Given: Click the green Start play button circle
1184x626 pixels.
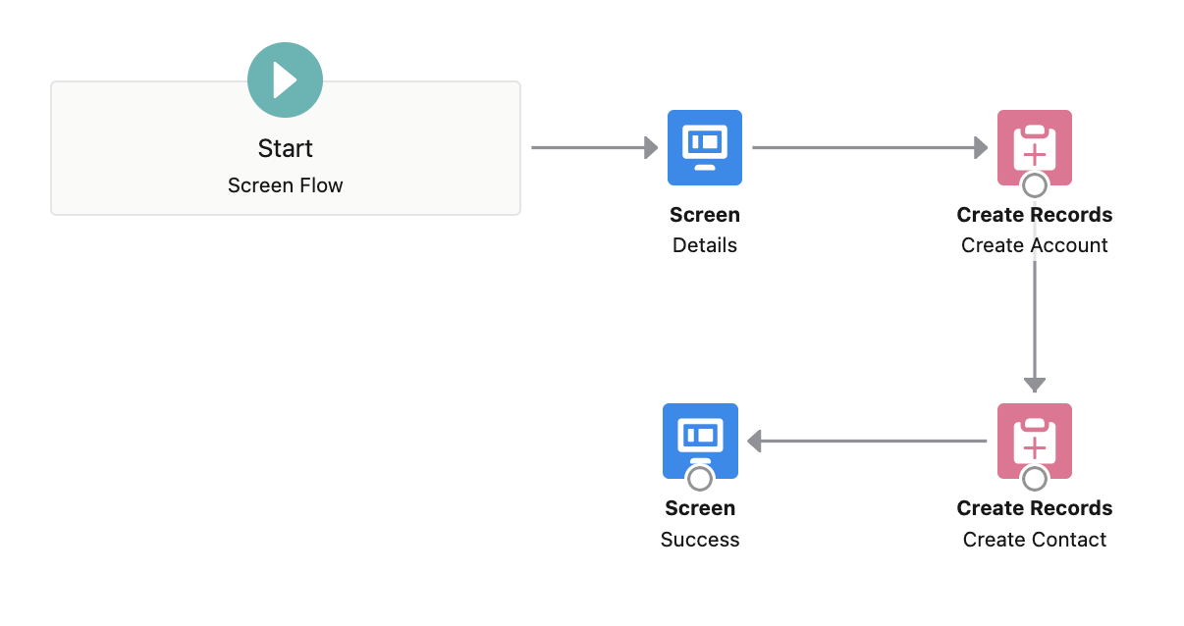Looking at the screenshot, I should point(285,80).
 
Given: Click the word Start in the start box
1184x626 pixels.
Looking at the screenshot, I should point(285,148).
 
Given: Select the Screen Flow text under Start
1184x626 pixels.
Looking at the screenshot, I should point(285,185).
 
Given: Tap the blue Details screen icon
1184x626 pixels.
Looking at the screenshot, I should point(705,147).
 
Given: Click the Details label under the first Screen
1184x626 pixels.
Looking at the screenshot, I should point(705,245).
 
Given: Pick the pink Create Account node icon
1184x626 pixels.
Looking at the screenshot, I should point(1034,145).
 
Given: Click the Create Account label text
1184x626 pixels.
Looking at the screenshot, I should point(1034,245).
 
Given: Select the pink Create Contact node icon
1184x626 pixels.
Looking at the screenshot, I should point(1034,439).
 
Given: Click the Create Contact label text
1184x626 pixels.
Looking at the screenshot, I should point(1034,540).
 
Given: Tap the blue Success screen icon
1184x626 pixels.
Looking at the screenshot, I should point(700,438).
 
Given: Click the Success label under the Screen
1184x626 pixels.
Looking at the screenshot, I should point(700,540).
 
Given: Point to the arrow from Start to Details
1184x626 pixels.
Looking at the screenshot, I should point(594,148).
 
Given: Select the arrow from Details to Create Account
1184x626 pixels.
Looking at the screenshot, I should point(869,148).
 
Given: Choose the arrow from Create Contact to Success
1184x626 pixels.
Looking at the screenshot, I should point(868,442).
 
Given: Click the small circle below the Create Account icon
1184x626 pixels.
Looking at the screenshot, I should point(1034,184).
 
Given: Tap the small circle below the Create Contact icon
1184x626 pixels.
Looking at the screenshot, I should point(1034,478).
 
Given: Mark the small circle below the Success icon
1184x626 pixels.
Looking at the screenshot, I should point(700,478).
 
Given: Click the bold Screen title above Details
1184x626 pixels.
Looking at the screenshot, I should point(705,215).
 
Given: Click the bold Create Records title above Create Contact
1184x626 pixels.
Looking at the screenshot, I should point(1034,508).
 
